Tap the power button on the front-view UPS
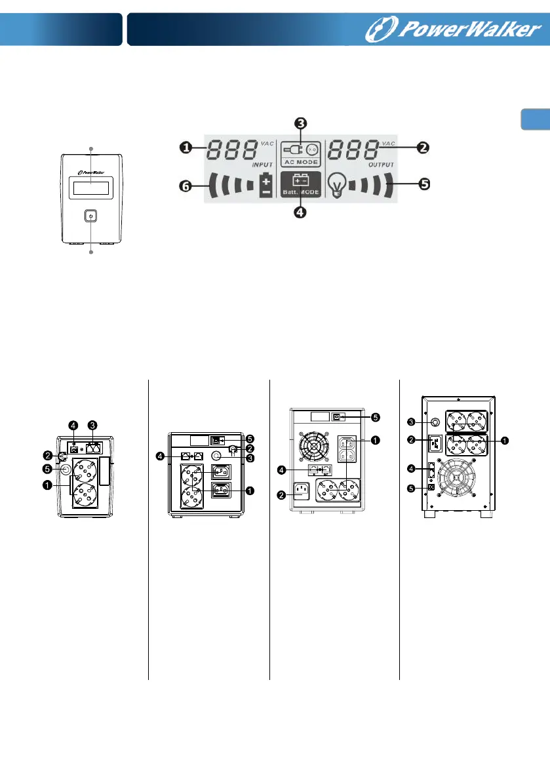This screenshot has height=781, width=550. coord(90,216)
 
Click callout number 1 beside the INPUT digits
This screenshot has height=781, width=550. coord(186,148)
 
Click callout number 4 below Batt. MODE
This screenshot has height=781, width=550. coord(300,213)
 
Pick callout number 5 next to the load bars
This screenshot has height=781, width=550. coord(424,184)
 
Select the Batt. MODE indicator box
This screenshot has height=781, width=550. coord(301,185)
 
